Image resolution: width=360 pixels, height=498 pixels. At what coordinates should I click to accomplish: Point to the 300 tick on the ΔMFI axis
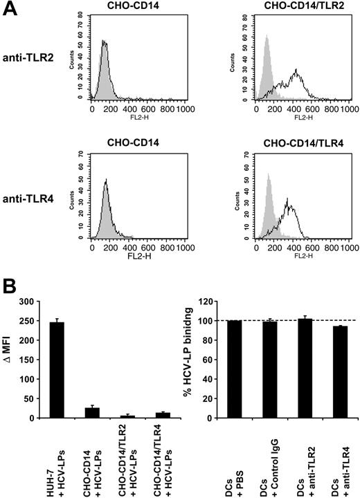pos(46,302)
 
